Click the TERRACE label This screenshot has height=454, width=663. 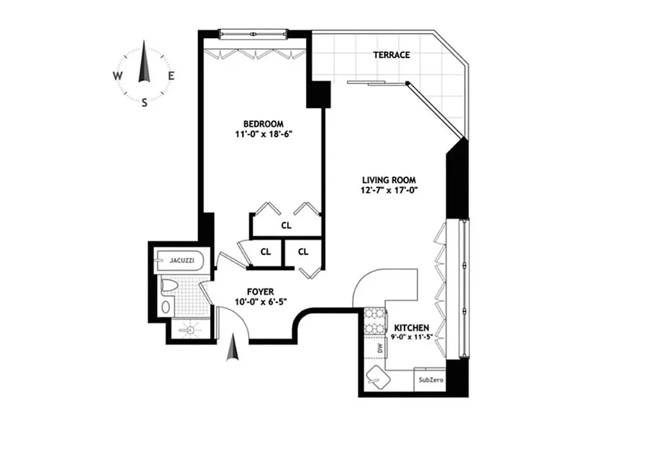391,55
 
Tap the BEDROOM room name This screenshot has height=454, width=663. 263,124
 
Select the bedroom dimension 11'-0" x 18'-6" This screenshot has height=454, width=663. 263,134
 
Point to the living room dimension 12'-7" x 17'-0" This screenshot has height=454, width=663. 389,191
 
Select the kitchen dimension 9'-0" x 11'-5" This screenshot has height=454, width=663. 413,338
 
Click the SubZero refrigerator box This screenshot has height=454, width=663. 430,380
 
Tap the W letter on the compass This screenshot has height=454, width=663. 117,76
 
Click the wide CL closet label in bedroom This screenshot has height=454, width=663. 286,225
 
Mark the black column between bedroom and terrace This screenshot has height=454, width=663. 318,94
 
